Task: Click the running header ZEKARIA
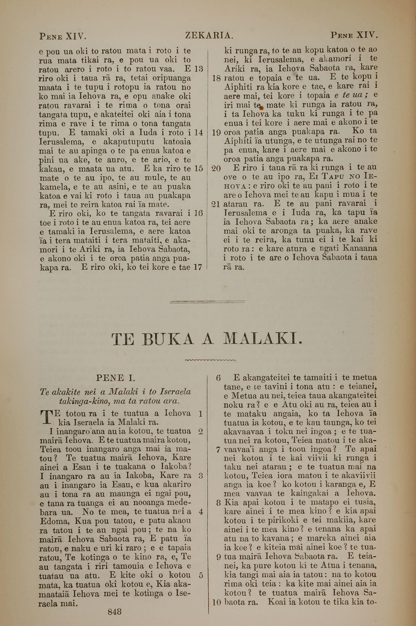209,35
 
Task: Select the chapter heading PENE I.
116,378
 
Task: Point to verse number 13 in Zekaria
198,69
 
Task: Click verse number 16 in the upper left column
198,213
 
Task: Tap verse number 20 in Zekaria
217,168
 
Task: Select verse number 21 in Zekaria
217,204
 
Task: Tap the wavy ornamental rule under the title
210,360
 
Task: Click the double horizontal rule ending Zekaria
207,302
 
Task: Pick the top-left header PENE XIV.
63,36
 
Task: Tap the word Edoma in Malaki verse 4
53,521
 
